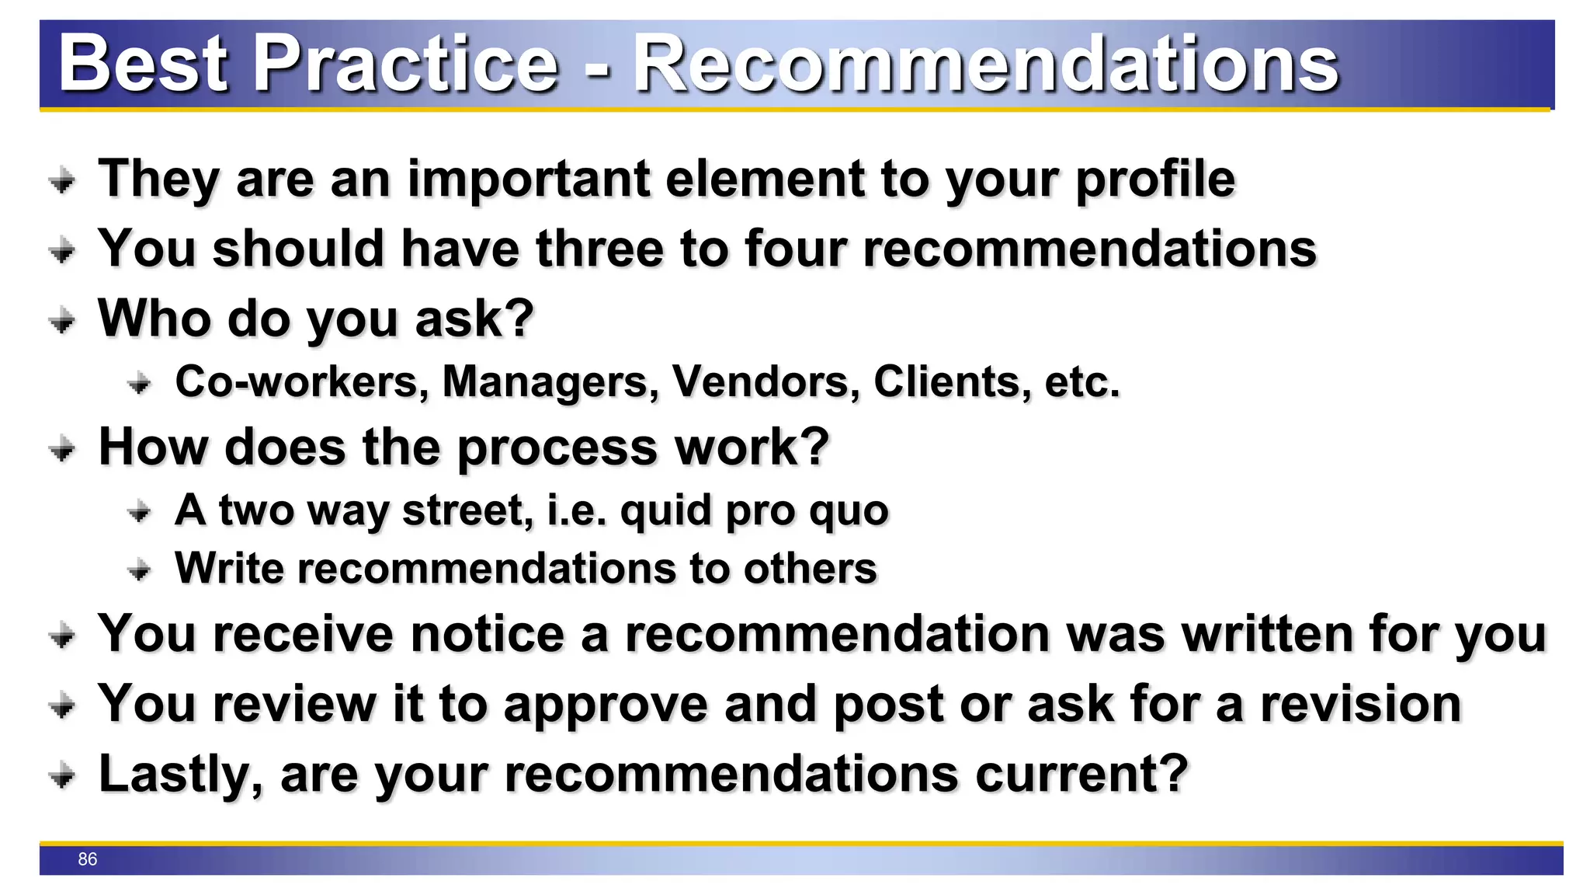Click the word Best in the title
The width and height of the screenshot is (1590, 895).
(x=143, y=64)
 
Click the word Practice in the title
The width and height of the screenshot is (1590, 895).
(x=406, y=64)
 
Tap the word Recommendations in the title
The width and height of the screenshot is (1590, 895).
(x=986, y=64)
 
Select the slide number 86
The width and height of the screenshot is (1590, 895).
(x=88, y=858)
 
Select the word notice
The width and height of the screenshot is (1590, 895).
(x=487, y=634)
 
